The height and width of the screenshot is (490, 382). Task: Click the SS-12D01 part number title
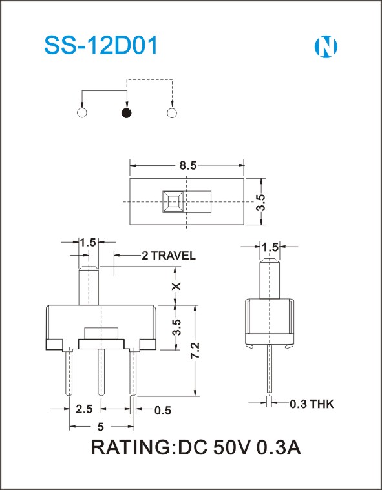pyautogui.click(x=101, y=46)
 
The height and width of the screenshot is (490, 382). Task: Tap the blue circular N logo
pyautogui.click(x=326, y=47)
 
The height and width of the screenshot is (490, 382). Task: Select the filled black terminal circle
pyautogui.click(x=127, y=113)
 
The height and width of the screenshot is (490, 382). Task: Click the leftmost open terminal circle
pyautogui.click(x=82, y=113)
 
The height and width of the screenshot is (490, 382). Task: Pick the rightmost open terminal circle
pyautogui.click(x=172, y=113)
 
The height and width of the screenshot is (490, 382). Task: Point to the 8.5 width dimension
pyautogui.click(x=188, y=165)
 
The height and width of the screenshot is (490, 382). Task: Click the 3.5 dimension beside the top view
pyautogui.click(x=260, y=202)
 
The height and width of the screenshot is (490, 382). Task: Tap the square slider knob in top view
pyautogui.click(x=173, y=202)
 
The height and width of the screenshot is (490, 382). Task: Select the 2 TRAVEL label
pyautogui.click(x=169, y=256)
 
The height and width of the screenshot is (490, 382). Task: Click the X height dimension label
pyautogui.click(x=176, y=286)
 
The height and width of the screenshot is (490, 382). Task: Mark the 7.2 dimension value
pyautogui.click(x=196, y=351)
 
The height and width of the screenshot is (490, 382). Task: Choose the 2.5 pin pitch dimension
pyautogui.click(x=84, y=409)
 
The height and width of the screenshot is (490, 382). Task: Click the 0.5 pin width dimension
pyautogui.click(x=163, y=410)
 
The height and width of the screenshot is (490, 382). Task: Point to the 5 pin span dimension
pyautogui.click(x=100, y=427)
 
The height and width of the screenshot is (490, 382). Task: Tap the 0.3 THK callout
pyautogui.click(x=312, y=403)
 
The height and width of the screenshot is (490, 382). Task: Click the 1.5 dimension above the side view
pyautogui.click(x=270, y=247)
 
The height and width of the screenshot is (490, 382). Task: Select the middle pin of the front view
pyautogui.click(x=101, y=373)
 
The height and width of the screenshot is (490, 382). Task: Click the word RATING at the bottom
pyautogui.click(x=131, y=448)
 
